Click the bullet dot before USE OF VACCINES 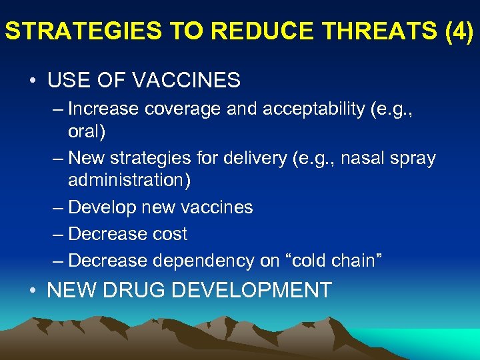point(32,81)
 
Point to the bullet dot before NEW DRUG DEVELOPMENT point(32,290)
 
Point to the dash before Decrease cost point(58,234)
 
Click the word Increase point(103,108)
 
